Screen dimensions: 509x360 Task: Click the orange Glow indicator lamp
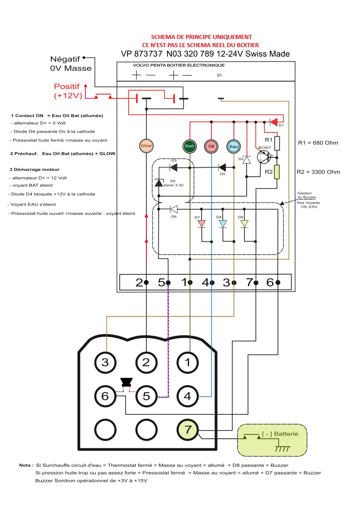146,145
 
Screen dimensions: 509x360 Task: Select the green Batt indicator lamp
190,146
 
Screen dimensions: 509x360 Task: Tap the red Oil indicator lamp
211,146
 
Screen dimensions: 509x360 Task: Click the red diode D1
273,122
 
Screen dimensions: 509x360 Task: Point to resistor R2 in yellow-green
277,172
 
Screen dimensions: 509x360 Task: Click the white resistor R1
277,143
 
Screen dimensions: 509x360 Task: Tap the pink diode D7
201,223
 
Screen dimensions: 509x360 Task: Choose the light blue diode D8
223,223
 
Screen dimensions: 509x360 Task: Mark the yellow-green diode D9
244,223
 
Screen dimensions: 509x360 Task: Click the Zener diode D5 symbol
158,182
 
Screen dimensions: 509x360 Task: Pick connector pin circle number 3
105,362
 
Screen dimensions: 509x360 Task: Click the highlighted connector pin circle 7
188,431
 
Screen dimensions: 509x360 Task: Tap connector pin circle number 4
188,396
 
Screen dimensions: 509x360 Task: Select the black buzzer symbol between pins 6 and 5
125,382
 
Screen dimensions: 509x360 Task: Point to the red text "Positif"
67,86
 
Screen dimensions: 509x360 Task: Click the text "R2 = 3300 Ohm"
319,172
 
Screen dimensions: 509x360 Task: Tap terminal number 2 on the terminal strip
139,282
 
